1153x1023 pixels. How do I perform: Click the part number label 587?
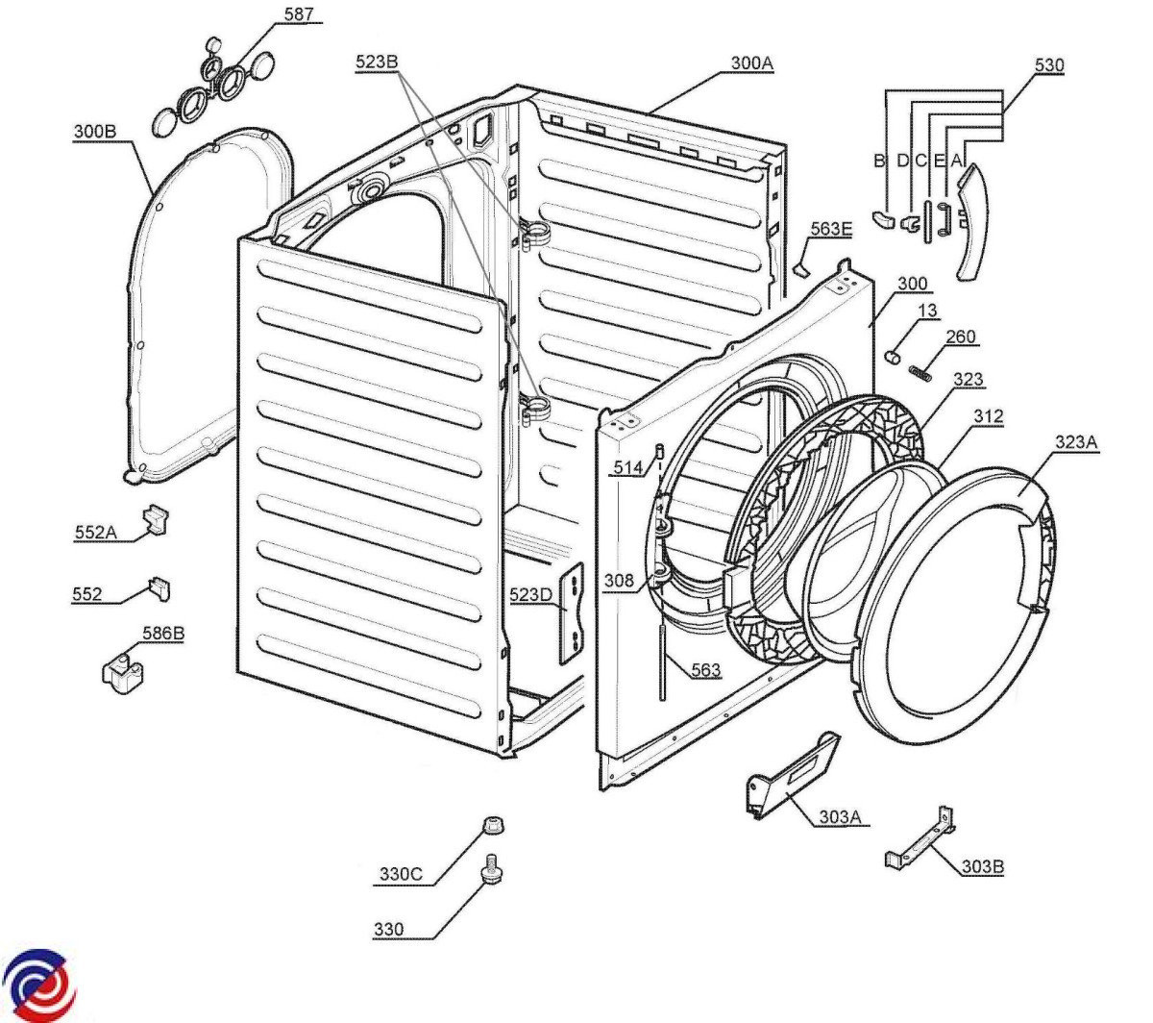(x=300, y=14)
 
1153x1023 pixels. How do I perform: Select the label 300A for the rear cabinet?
(x=751, y=63)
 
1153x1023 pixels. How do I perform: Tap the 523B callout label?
(x=377, y=62)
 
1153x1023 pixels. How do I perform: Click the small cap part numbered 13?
(x=895, y=357)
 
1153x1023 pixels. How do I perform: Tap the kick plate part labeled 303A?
(x=792, y=776)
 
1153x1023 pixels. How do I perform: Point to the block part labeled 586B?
(x=123, y=673)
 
